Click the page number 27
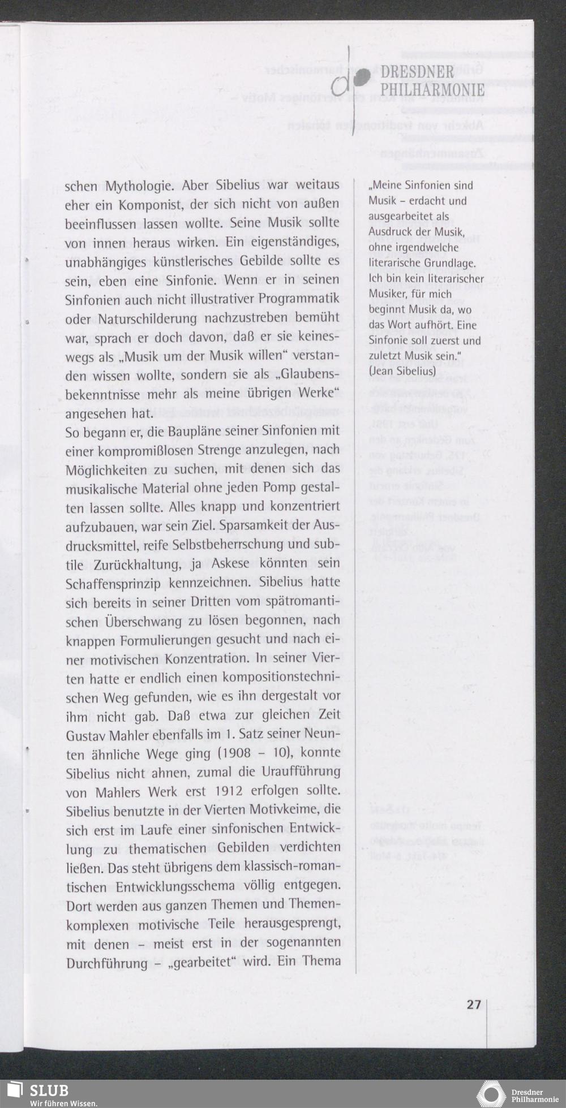473,1004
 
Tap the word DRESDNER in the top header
417,73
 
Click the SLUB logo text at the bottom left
49,1089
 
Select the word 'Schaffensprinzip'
113,583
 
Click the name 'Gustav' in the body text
88,736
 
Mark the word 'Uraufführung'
301,772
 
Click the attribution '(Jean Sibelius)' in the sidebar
402,371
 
